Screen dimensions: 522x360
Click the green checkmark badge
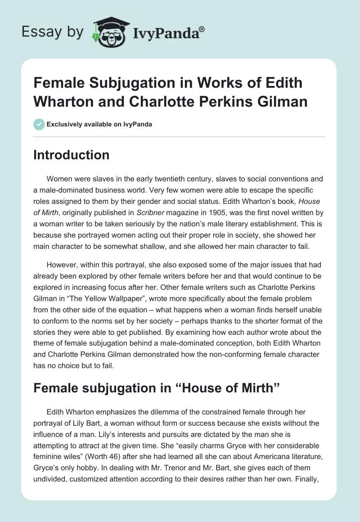(x=39, y=124)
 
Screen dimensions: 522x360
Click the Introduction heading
(x=72, y=155)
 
